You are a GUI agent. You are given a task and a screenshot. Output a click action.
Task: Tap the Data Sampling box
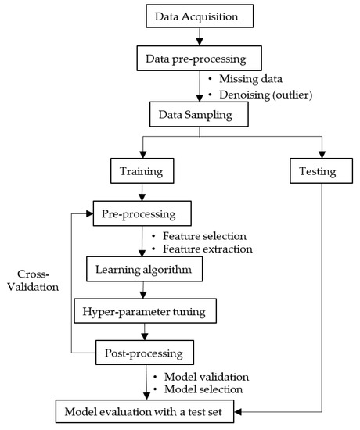point(192,114)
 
